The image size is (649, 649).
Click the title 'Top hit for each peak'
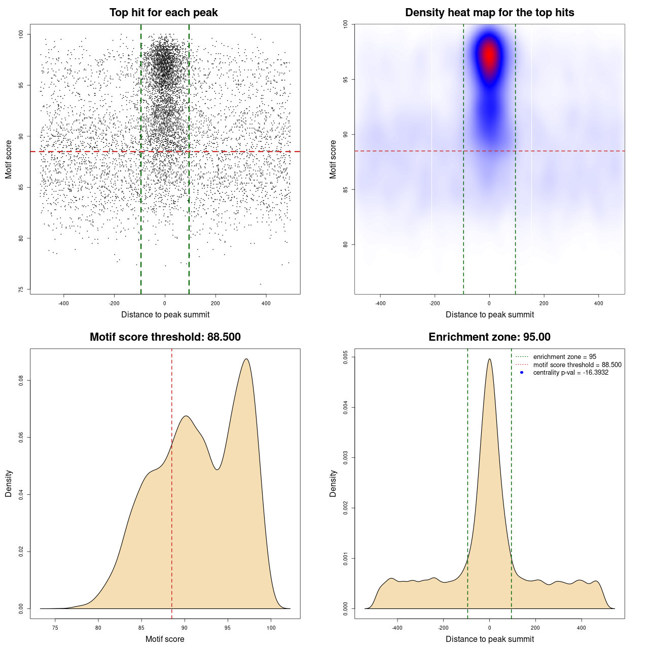coord(163,13)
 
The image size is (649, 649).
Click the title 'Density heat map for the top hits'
coord(489,13)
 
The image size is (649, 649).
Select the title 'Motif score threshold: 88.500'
coord(165,337)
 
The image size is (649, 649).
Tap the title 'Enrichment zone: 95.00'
coord(489,337)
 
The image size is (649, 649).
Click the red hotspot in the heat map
coord(489,55)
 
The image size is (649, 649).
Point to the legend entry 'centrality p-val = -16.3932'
coord(570,373)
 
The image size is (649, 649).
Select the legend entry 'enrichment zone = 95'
coord(564,357)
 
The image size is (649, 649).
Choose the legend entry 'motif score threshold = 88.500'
coord(577,365)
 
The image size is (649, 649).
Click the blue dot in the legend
coord(522,373)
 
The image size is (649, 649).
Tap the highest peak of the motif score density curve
coord(246,359)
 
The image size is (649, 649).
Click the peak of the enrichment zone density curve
coord(489,359)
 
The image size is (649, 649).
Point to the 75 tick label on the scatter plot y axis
coord(21,290)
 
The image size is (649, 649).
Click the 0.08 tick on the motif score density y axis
coord(21,380)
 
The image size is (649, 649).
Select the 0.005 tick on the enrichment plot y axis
coord(345,357)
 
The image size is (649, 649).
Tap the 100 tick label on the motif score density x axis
coord(271,628)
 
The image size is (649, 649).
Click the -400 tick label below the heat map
coord(380,303)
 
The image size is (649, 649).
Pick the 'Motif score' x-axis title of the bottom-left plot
coord(165,639)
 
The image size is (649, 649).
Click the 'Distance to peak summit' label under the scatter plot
coord(165,314)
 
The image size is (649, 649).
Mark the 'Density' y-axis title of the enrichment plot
coord(333,483)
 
